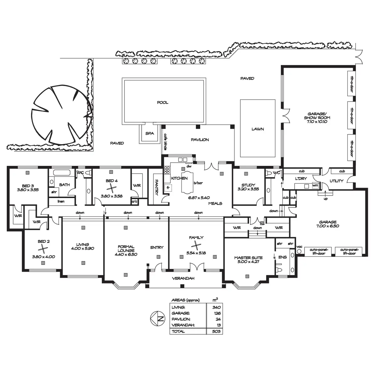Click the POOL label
point(163,102)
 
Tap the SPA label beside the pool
point(150,133)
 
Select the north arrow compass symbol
point(157,318)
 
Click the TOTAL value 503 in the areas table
point(216,331)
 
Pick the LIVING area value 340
point(216,307)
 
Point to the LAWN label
point(258,129)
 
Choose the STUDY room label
point(248,185)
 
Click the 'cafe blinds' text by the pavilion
point(165,141)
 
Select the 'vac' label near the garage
point(299,247)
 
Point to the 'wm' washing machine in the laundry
point(315,186)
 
